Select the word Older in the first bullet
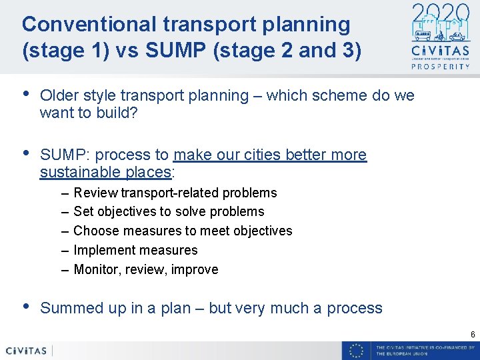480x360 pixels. (59, 96)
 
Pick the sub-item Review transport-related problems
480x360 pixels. (175, 193)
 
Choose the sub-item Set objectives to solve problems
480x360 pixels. (169, 211)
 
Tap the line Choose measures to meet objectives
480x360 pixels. (183, 231)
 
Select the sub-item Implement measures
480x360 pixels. (135, 250)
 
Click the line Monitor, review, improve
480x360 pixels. (145, 269)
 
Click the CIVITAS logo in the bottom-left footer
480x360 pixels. (27, 351)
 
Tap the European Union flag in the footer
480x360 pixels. (357, 351)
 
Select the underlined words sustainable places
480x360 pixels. (105, 173)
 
